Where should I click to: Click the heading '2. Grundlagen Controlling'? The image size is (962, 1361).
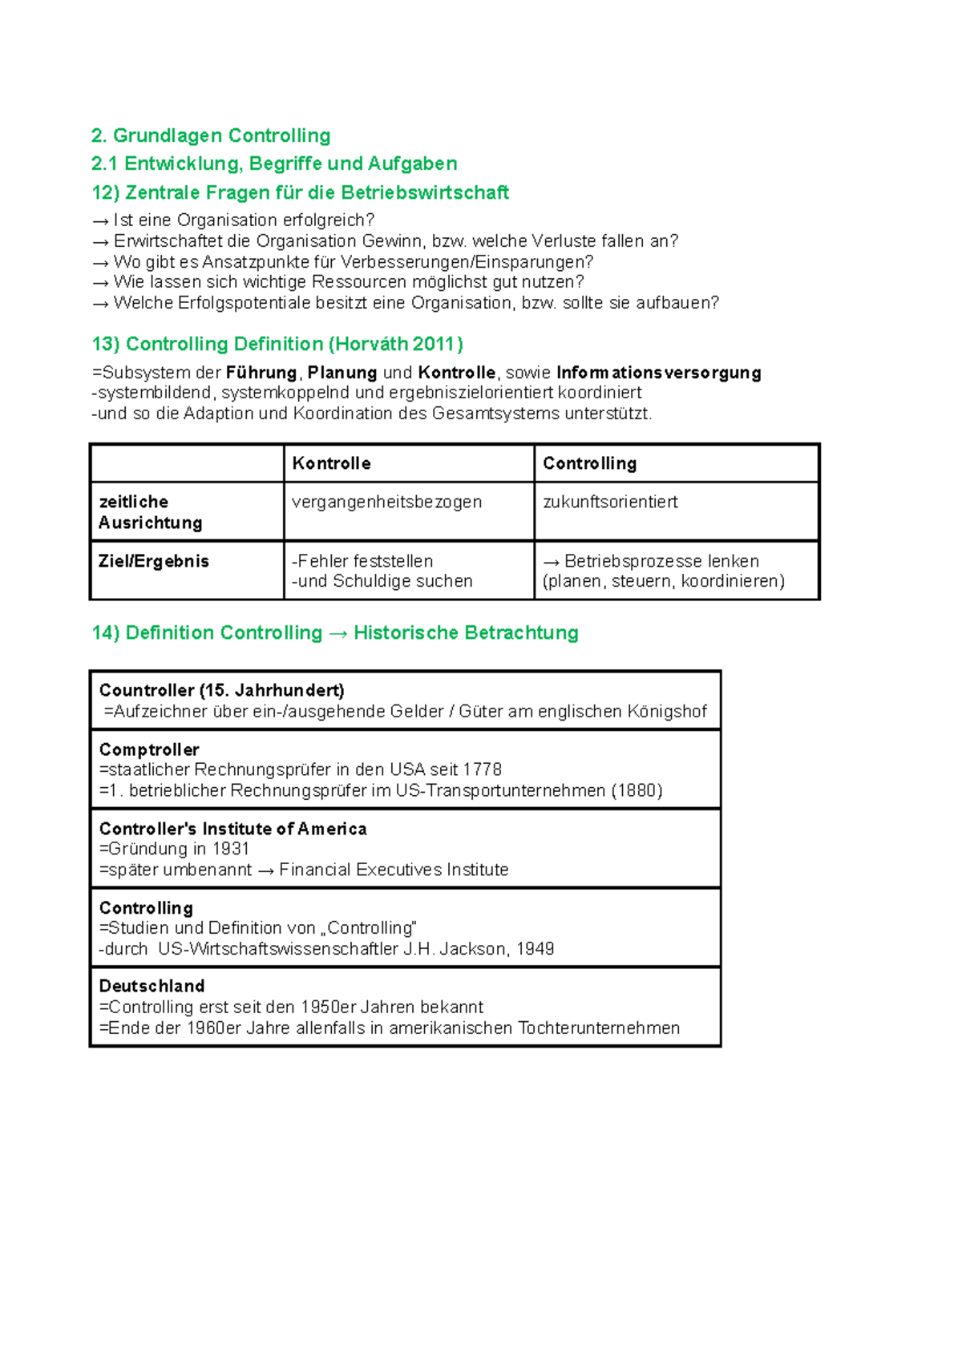211,135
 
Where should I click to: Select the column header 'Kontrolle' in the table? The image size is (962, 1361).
331,463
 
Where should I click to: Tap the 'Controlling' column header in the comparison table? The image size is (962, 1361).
589,463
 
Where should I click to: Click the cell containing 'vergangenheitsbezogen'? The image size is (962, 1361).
386,502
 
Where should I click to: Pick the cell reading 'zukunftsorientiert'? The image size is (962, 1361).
610,502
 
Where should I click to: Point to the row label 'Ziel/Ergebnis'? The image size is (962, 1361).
154,561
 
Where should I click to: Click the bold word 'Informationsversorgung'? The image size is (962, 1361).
658,373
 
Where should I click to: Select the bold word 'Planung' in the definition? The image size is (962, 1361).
342,373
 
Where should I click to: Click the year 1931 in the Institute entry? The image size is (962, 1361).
231,849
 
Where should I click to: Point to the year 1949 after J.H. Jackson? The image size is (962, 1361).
536,949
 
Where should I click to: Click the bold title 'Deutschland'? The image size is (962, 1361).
152,986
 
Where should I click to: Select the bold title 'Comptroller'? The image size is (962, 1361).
149,749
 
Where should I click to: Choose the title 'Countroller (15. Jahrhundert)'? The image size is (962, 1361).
222,690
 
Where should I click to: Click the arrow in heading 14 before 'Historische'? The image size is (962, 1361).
338,633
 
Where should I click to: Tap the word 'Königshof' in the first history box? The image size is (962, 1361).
667,711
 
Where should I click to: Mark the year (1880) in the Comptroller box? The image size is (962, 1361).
637,790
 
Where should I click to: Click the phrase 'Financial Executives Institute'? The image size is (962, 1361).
394,870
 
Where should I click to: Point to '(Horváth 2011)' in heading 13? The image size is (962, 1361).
396,344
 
